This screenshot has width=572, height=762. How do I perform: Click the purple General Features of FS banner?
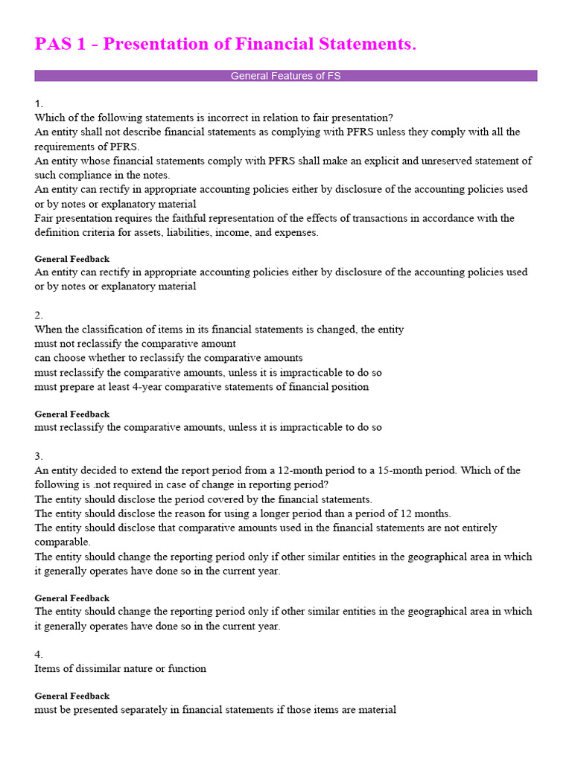(x=286, y=76)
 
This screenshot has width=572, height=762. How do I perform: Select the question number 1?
(x=39, y=103)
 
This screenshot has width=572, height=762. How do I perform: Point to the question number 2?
(x=39, y=316)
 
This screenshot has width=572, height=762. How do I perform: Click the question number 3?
(x=39, y=456)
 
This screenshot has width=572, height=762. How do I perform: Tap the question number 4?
(x=39, y=654)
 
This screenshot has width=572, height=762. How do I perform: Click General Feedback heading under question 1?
(x=72, y=259)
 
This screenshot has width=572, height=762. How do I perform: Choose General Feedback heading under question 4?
(x=72, y=696)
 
